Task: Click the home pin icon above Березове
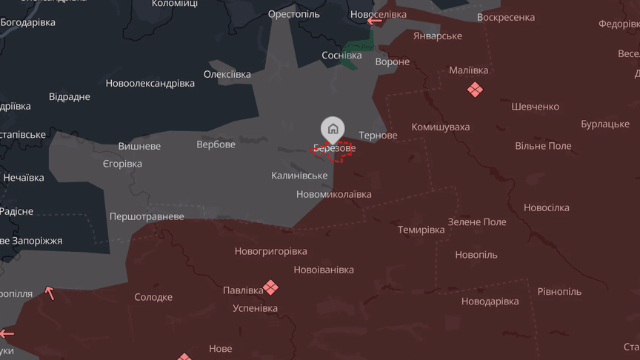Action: tap(333, 129)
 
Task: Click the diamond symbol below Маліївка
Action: tap(474, 90)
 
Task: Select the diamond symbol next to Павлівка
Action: tap(272, 287)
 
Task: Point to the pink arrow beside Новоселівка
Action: tap(375, 20)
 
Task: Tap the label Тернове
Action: tap(378, 136)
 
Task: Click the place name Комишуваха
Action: tap(440, 127)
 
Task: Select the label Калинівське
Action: tap(299, 176)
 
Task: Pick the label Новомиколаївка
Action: tap(333, 194)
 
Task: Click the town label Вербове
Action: tap(216, 144)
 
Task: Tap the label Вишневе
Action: tap(139, 146)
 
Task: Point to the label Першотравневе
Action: tap(147, 216)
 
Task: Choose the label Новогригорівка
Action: tap(270, 251)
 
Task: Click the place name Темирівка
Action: tap(421, 230)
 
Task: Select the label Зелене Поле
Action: tap(477, 221)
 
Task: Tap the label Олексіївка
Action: tap(227, 74)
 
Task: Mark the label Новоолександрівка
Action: tap(150, 83)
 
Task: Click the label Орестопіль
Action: tap(294, 15)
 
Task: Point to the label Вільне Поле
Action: tap(543, 146)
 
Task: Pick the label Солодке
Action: tap(153, 297)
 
